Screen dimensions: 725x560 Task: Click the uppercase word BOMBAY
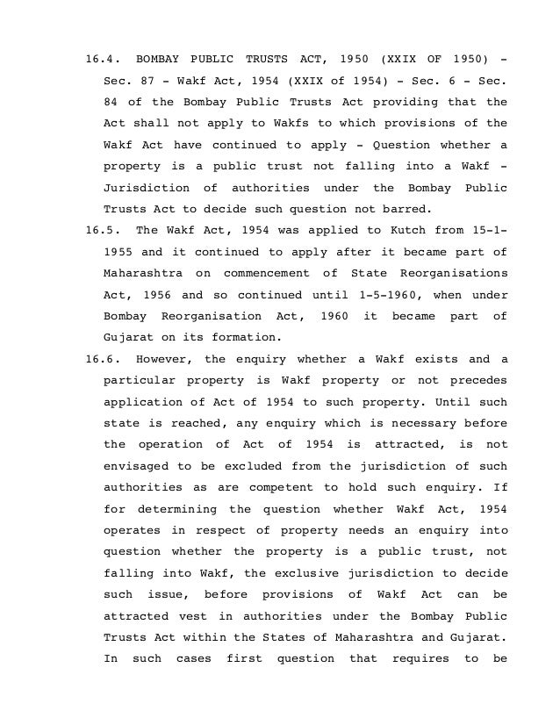157,60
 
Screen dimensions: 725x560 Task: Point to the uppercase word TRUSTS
271,60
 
